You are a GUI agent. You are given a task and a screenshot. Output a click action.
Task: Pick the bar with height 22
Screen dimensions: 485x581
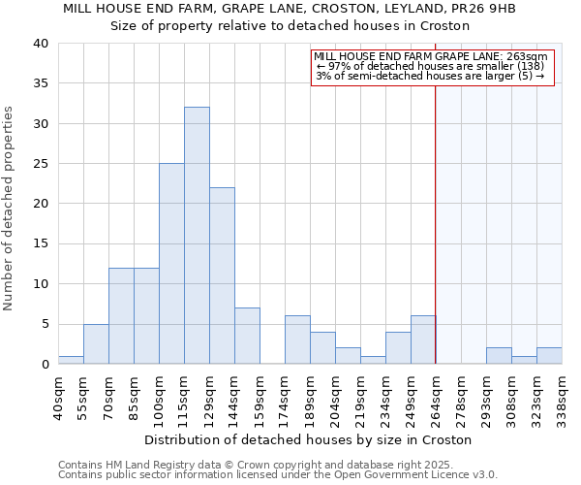coord(222,275)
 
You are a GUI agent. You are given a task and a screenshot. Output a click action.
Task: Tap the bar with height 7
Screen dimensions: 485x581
coord(247,336)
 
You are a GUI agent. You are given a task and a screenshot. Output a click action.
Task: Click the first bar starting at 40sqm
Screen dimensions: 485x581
coord(71,360)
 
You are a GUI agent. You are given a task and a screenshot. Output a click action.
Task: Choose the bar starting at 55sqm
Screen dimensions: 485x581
coord(96,343)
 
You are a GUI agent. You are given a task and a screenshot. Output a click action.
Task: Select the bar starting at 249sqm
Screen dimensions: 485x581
coord(423,339)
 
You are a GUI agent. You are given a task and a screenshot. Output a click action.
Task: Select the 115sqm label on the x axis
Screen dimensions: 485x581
coord(185,397)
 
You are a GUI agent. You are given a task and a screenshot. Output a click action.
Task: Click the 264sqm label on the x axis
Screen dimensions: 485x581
coord(437,397)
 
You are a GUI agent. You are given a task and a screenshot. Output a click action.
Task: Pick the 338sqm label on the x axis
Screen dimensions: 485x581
coord(563,397)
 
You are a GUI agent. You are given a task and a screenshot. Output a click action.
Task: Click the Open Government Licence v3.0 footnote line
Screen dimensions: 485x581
coord(278,474)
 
